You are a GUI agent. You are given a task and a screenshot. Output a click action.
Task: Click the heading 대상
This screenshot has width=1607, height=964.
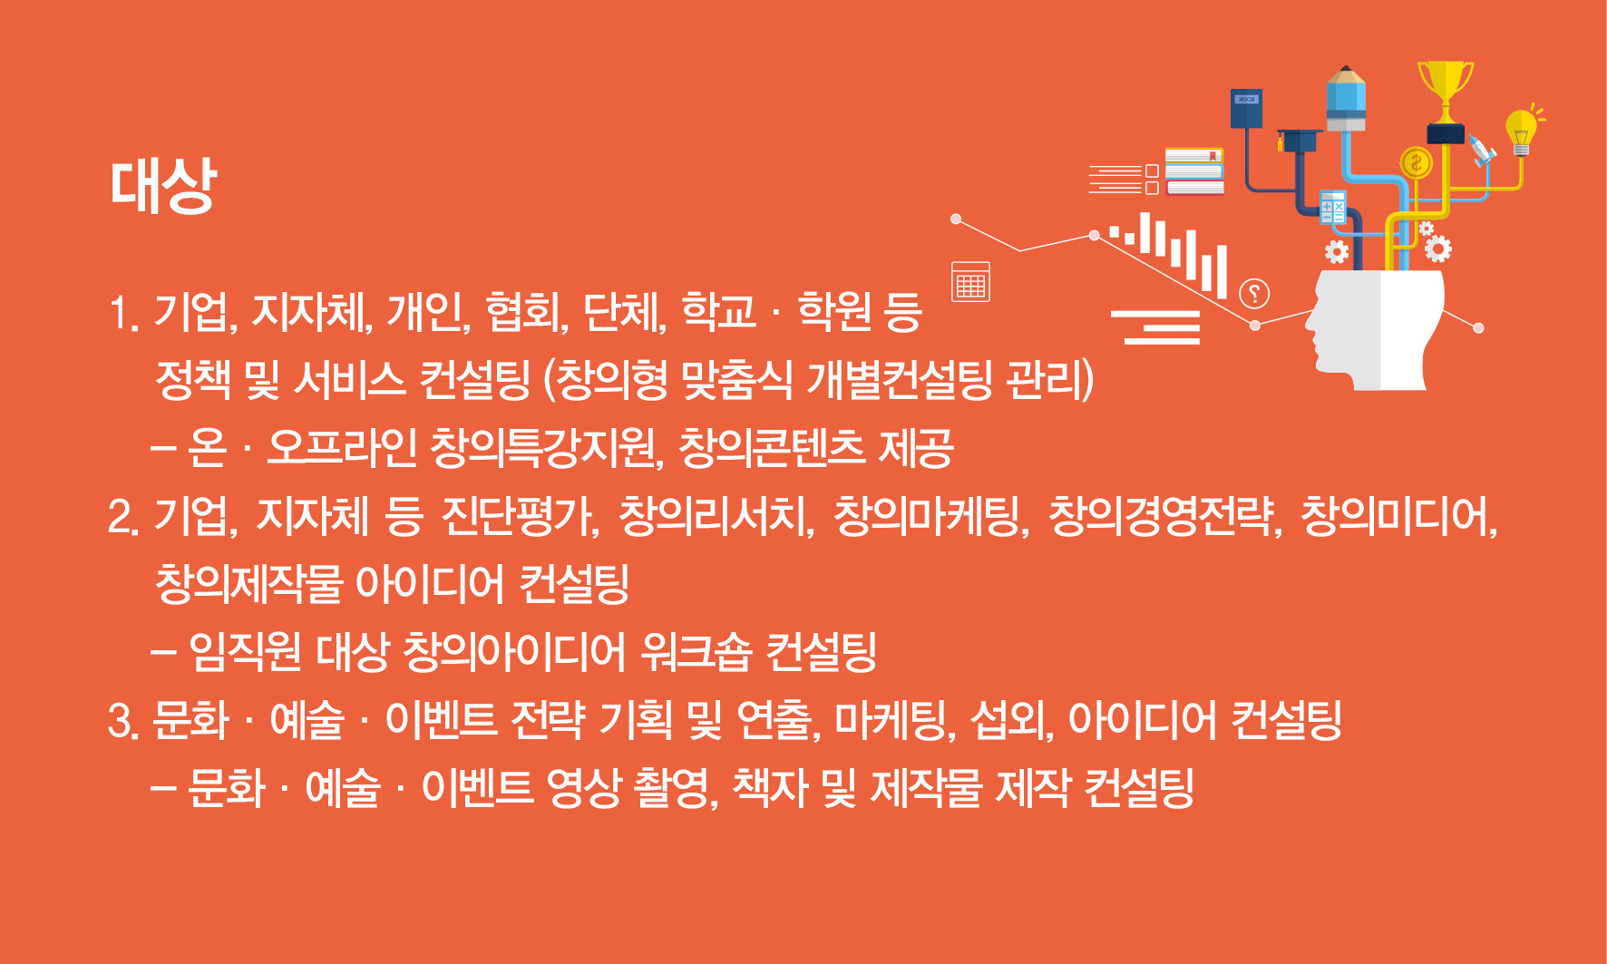163,185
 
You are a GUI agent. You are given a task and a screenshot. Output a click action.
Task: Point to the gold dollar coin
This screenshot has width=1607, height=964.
1416,163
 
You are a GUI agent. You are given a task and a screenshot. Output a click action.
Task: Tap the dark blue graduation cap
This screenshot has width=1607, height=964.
1299,141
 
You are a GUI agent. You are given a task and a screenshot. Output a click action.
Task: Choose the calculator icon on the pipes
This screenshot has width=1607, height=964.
1332,208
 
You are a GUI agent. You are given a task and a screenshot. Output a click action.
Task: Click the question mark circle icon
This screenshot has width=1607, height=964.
1254,293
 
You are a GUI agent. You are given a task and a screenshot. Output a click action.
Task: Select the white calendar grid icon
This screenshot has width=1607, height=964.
970,282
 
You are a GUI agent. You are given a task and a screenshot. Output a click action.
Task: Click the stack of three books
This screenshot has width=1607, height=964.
1194,171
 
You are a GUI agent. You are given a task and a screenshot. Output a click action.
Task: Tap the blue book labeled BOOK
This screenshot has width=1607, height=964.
1246,109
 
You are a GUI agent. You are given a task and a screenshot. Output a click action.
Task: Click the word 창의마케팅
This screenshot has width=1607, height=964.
931,516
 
